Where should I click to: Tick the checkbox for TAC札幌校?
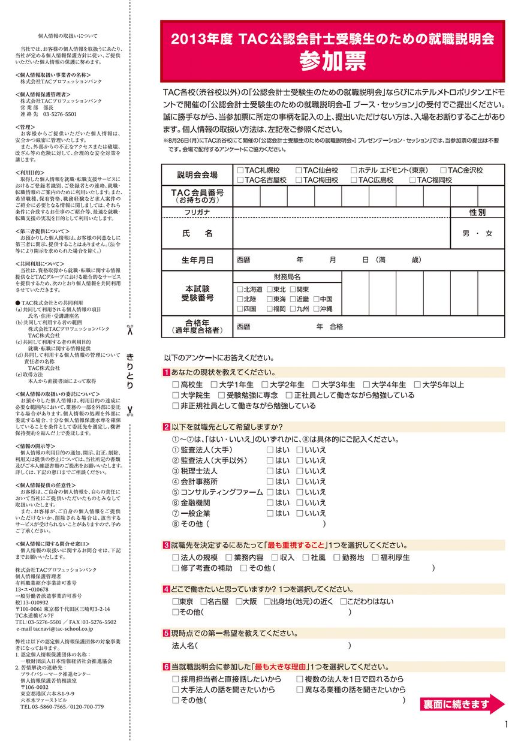tap(240, 171)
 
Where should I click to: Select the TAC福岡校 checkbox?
tap(413, 180)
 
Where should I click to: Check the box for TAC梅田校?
tap(299, 180)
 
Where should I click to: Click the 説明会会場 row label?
tap(197, 175)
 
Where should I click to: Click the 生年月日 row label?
tap(197, 260)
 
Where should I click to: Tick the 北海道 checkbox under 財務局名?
tap(240, 289)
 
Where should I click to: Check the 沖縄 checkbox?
tap(315, 309)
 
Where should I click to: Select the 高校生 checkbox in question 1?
tap(176, 385)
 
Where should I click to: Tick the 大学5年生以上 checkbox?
tap(417, 385)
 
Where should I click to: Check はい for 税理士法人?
tap(270, 471)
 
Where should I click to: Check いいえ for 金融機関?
tap(299, 503)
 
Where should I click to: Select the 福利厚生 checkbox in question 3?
tap(375, 558)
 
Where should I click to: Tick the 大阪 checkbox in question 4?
tap(239, 601)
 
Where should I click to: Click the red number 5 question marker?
tap(166, 633)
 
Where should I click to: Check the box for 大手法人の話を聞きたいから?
tap(176, 690)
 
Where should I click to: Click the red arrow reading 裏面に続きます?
tap(462, 704)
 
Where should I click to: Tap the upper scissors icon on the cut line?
tap(130, 329)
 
